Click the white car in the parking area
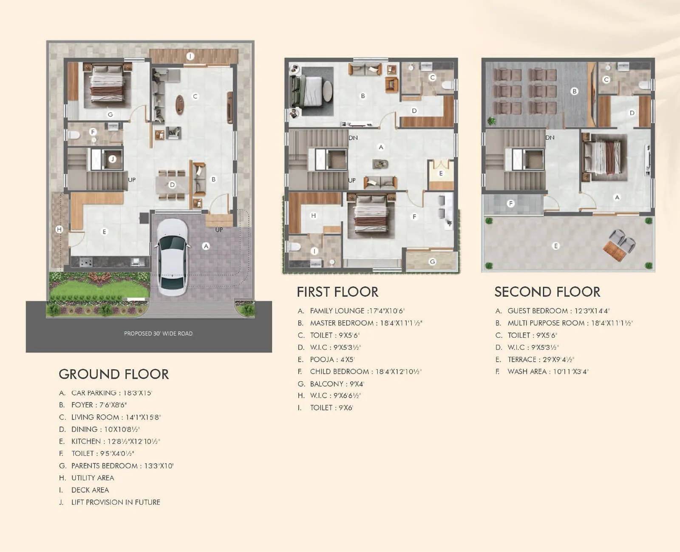click(x=172, y=257)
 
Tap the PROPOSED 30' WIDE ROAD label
click(x=158, y=333)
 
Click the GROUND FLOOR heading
click(x=113, y=374)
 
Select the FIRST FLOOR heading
click(x=337, y=292)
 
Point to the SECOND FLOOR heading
click(x=547, y=292)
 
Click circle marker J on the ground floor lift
click(x=112, y=159)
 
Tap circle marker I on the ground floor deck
click(x=190, y=56)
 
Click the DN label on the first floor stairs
click(x=353, y=138)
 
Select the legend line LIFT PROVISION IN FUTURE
click(x=115, y=502)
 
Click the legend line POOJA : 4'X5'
click(x=332, y=359)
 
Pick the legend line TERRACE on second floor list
click(x=540, y=359)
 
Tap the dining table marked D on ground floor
click(x=172, y=185)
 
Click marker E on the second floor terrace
click(x=555, y=246)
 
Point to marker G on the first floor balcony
click(x=432, y=262)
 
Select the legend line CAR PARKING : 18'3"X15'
click(x=111, y=393)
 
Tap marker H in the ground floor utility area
click(x=59, y=230)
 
